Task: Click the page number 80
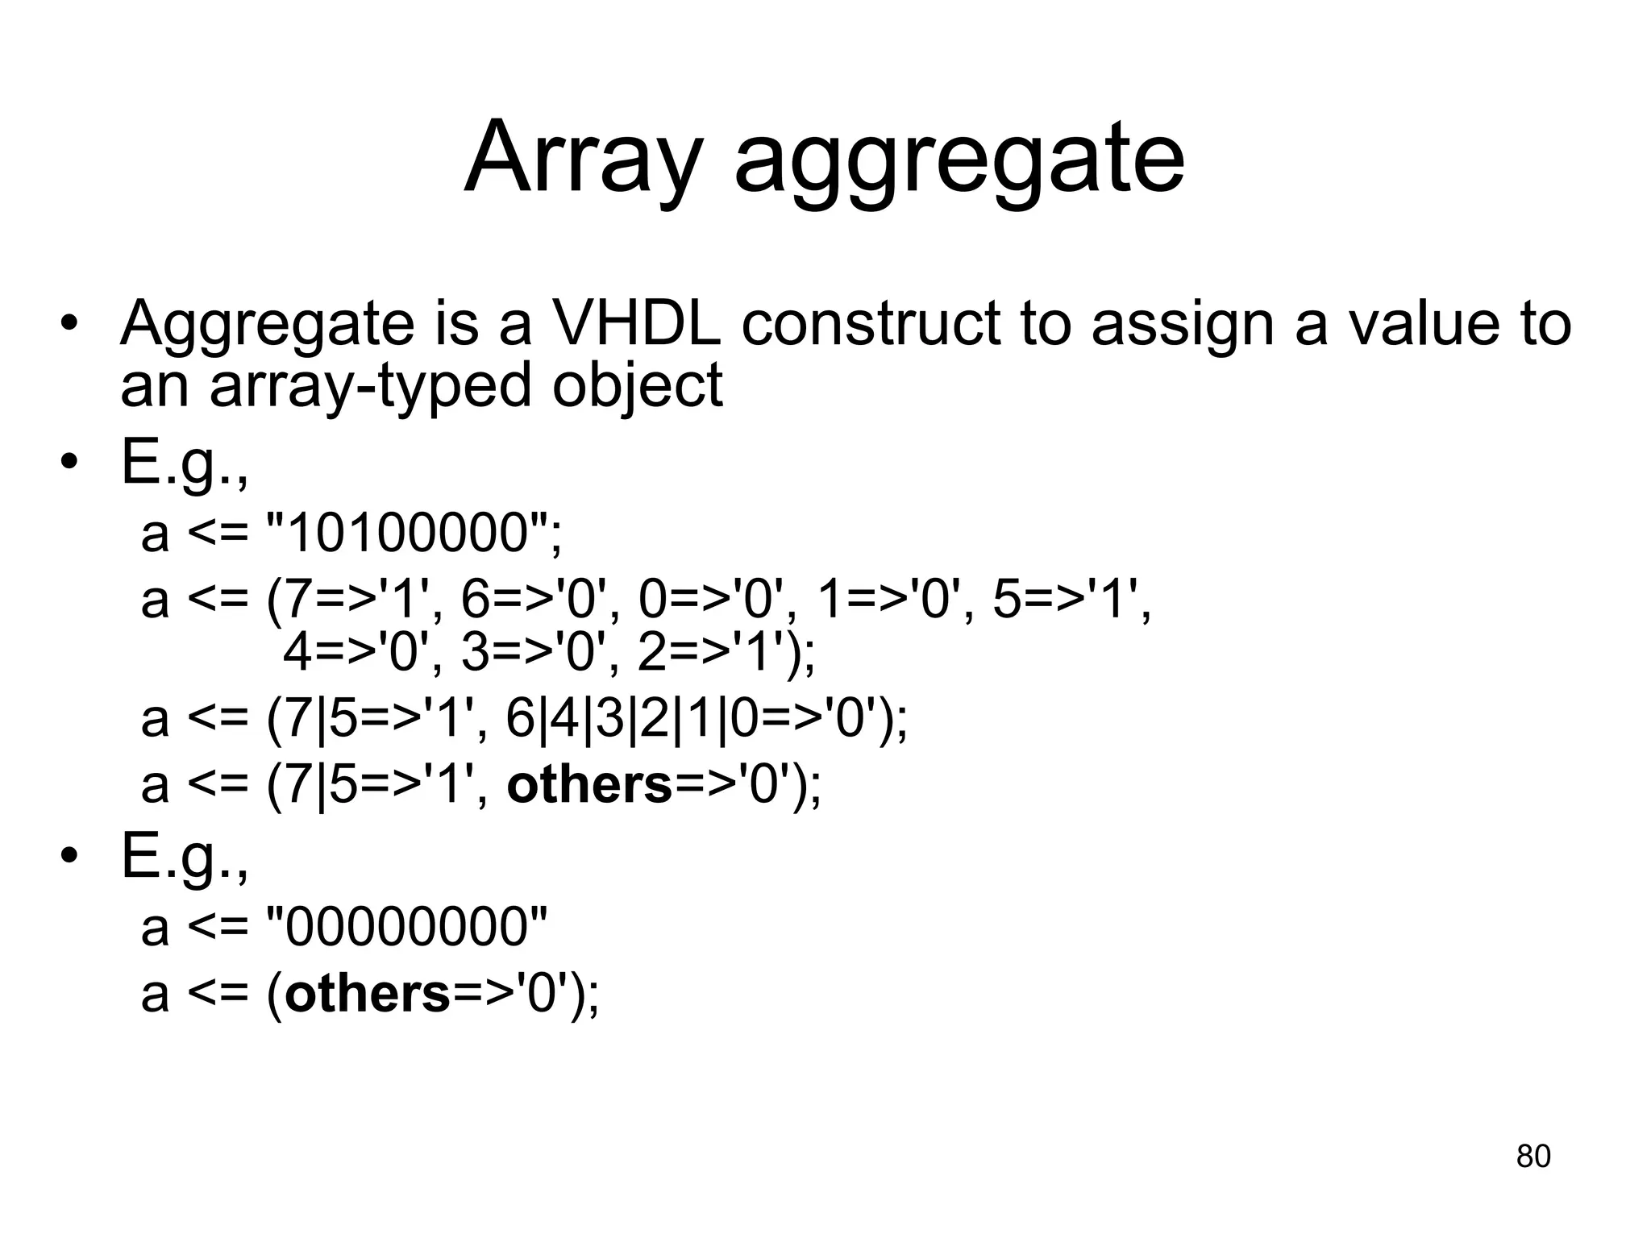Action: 1532,1156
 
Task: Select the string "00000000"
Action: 406,927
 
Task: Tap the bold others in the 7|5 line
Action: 589,785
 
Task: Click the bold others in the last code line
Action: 368,993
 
